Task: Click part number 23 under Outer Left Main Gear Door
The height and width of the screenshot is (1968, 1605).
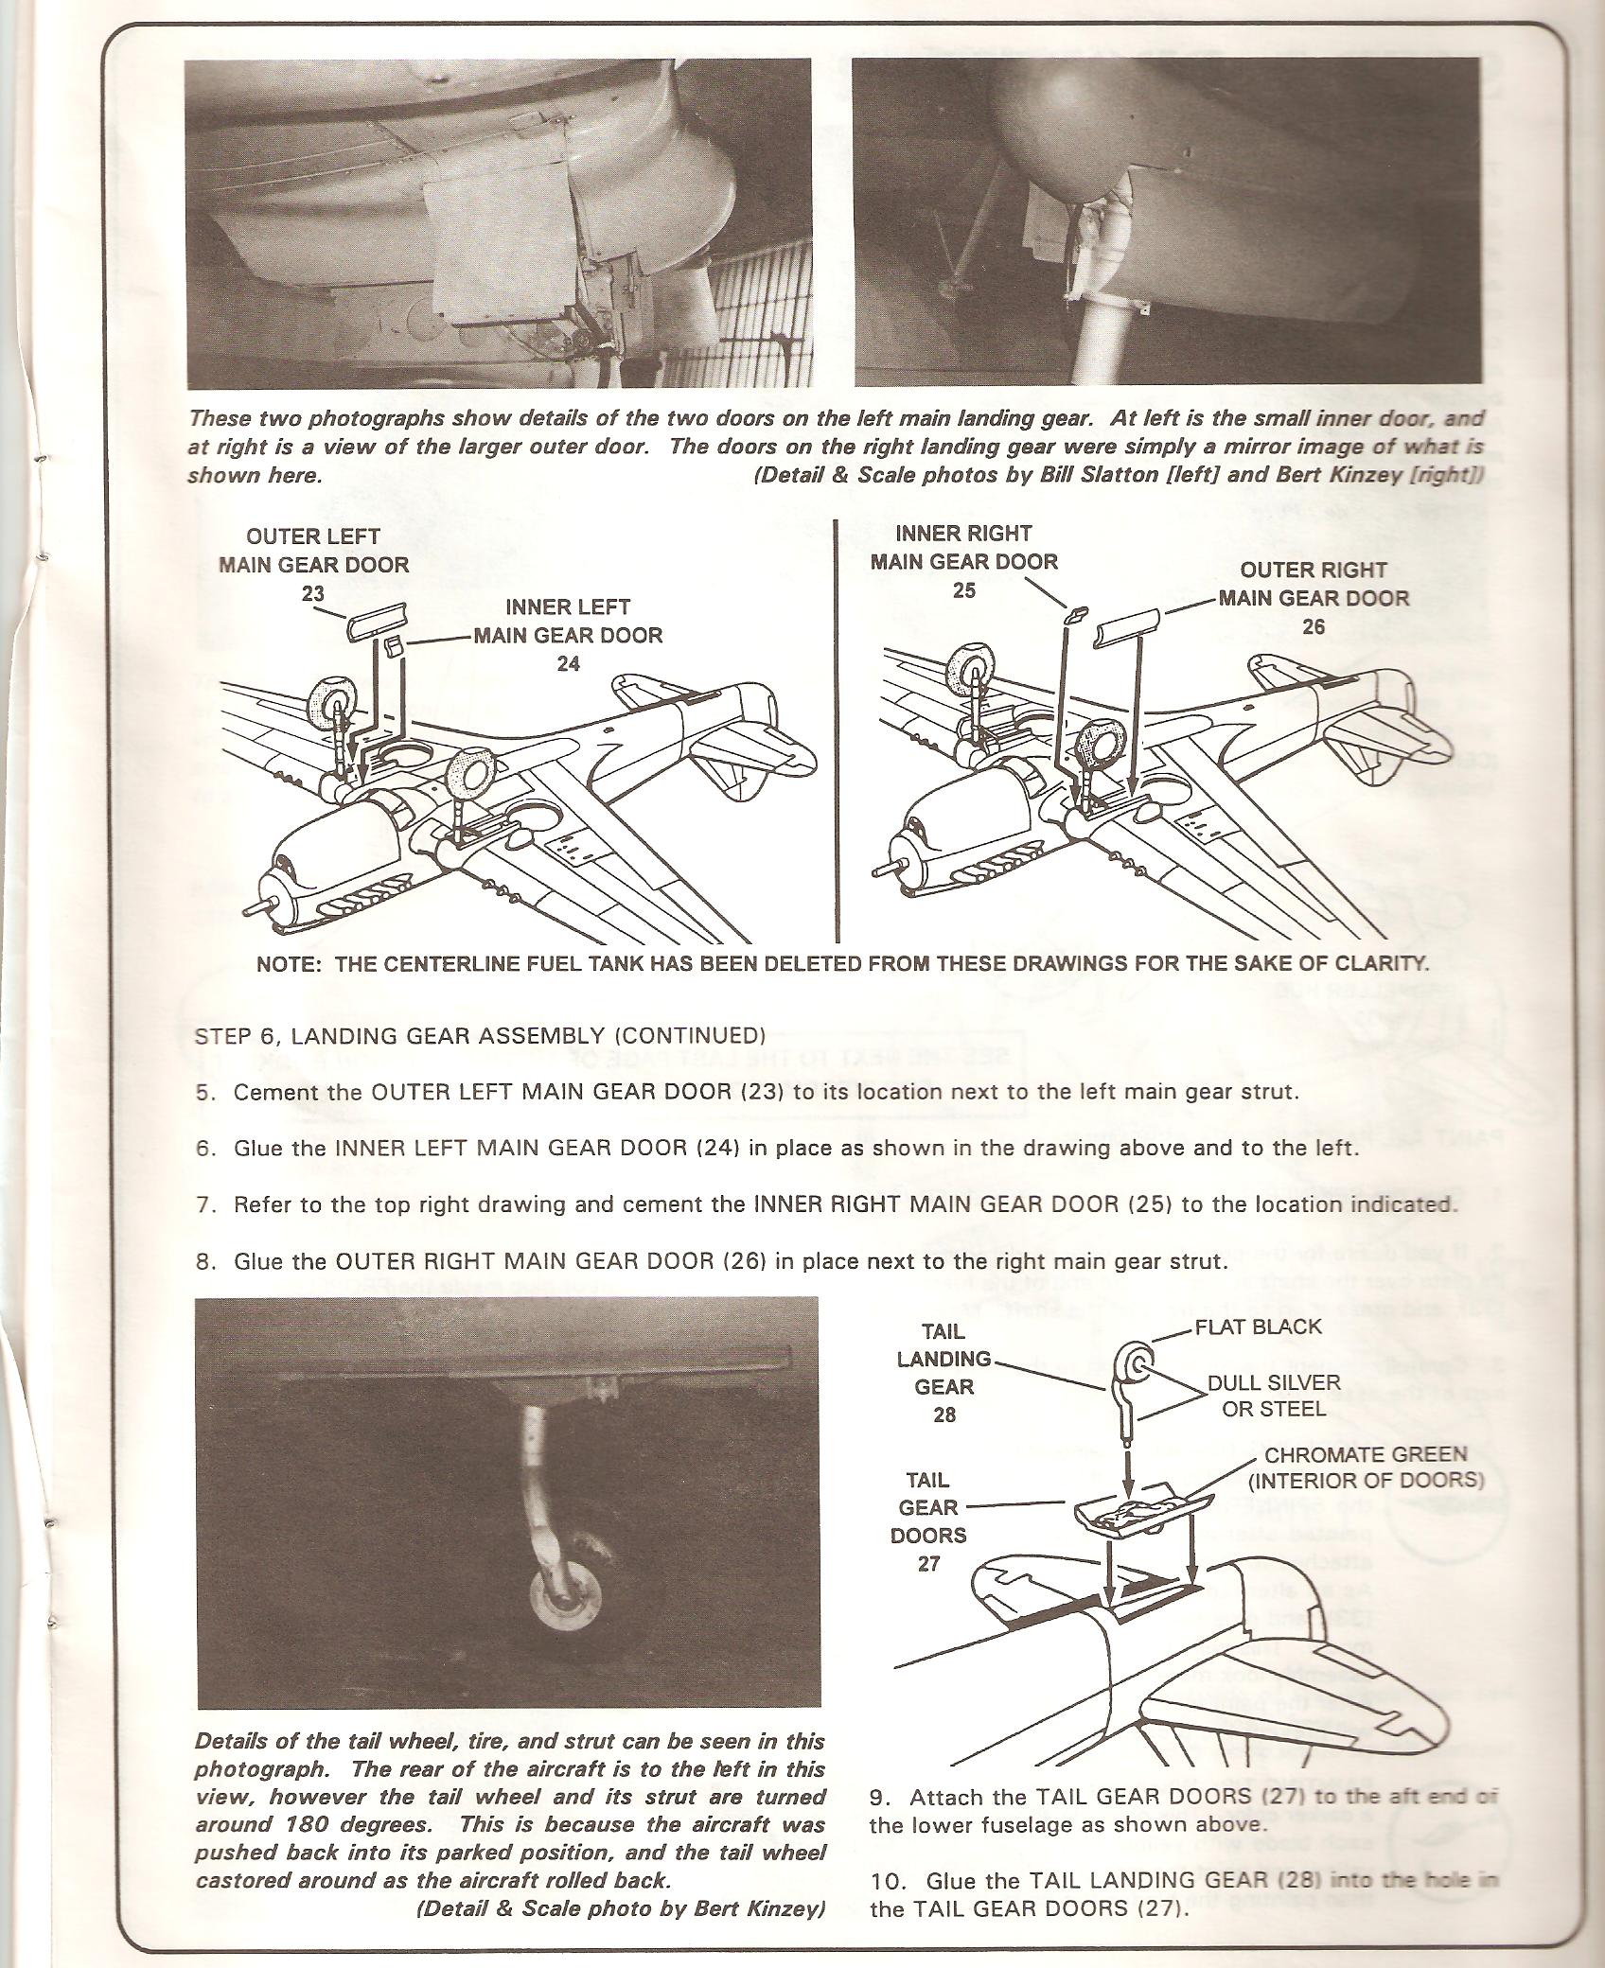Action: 313,594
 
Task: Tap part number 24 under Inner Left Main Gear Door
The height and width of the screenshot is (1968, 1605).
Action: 568,664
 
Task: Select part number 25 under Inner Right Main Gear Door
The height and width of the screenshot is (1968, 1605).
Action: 963,590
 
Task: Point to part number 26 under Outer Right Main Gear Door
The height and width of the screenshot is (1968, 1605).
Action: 1314,626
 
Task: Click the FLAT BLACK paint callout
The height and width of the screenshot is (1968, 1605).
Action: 1258,1327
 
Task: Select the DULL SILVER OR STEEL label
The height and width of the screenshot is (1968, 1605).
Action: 1274,1396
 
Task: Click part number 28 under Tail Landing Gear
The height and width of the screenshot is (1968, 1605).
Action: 944,1414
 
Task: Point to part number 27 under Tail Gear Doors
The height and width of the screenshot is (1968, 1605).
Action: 928,1563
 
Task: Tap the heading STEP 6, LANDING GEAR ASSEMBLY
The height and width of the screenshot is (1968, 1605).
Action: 478,1035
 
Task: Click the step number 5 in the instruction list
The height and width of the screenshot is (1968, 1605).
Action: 204,1092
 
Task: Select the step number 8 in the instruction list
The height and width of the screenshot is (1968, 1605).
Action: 204,1261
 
